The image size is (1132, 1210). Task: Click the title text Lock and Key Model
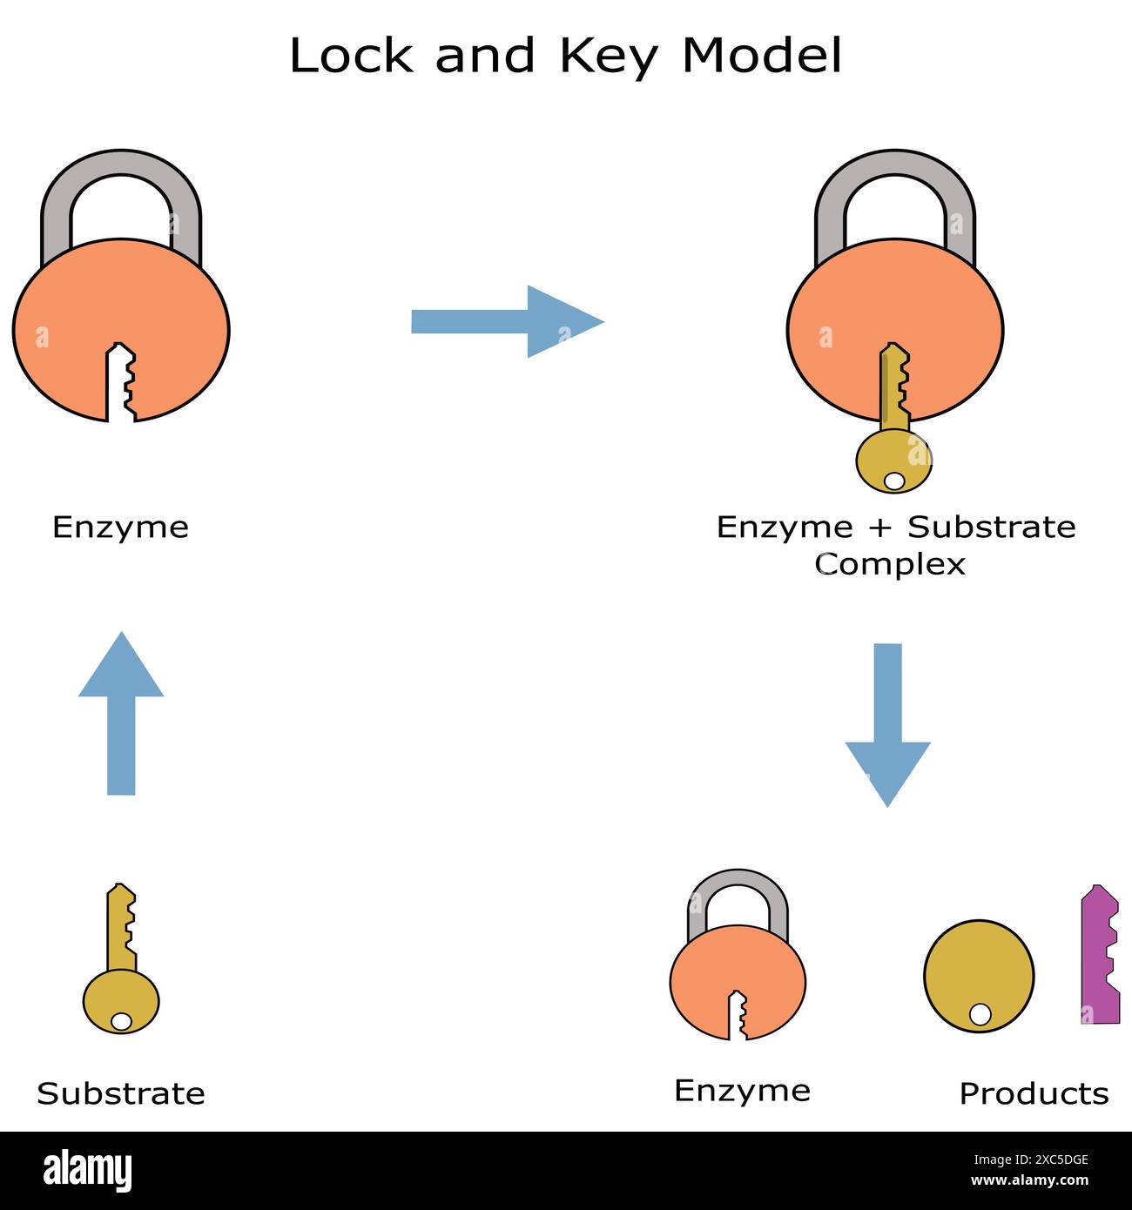click(x=565, y=56)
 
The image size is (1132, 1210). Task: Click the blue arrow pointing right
click(x=507, y=321)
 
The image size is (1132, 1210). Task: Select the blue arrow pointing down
click(x=887, y=725)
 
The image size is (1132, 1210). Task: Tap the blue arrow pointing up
click(x=121, y=713)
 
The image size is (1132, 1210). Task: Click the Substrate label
click(x=121, y=1093)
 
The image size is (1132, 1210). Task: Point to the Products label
click(x=1034, y=1093)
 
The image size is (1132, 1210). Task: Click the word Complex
click(x=890, y=564)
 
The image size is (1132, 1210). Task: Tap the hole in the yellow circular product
click(x=980, y=1014)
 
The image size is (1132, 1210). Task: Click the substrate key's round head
click(x=121, y=1001)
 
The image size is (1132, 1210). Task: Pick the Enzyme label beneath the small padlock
click(x=742, y=1091)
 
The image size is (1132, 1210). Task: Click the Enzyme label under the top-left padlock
click(x=120, y=528)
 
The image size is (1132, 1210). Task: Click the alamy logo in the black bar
click(x=88, y=1171)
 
